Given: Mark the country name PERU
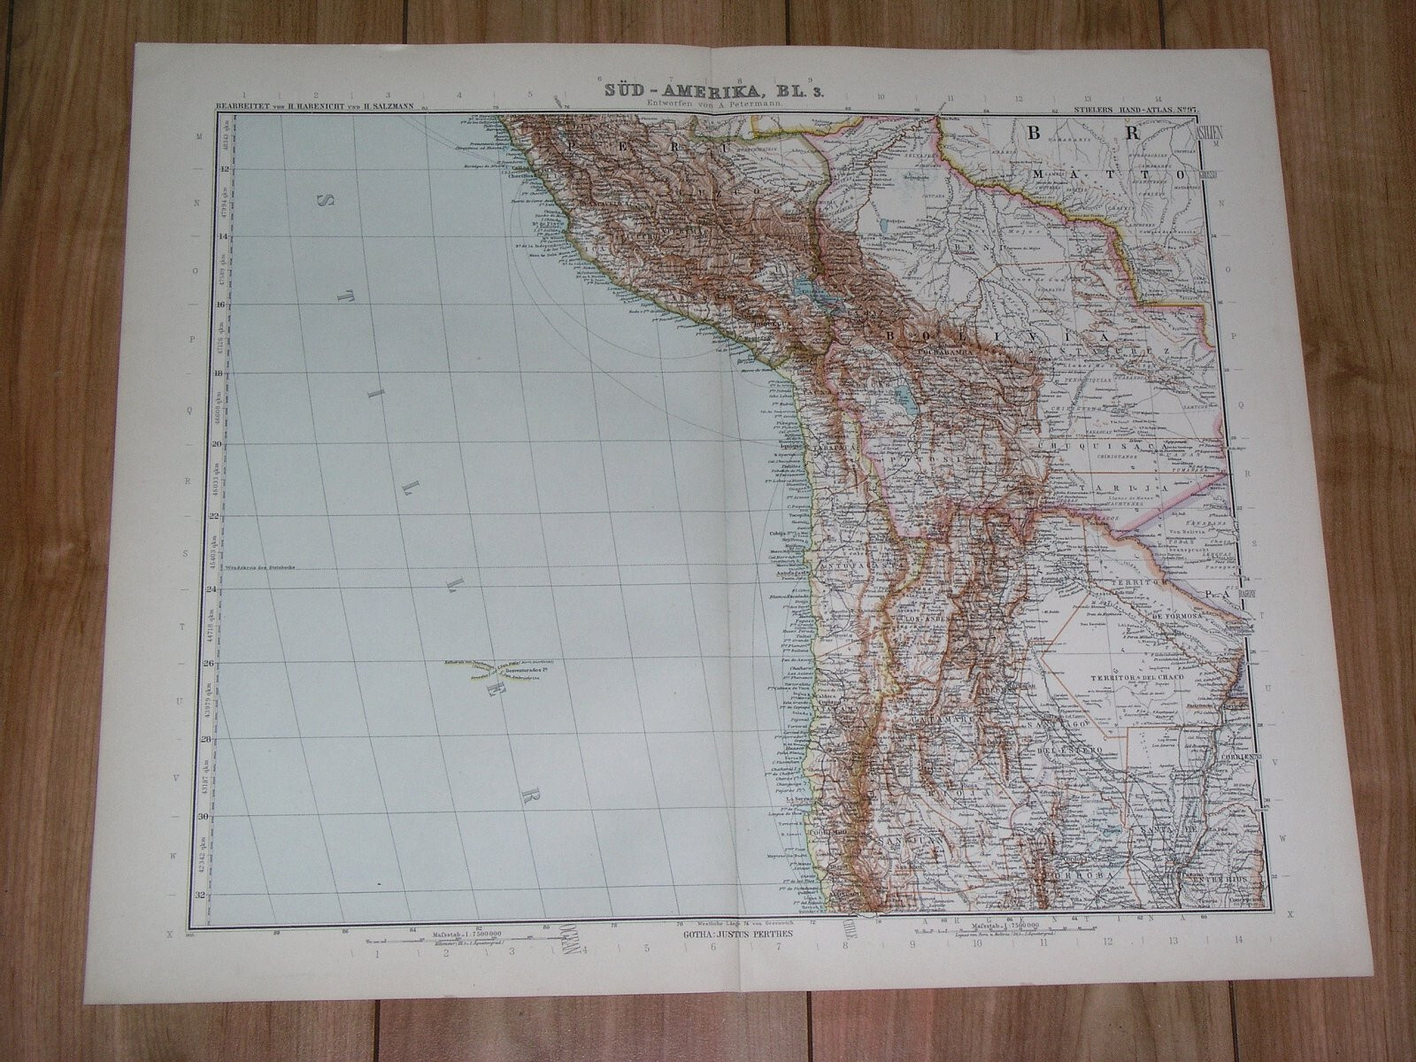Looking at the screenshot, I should click(x=619, y=142).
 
